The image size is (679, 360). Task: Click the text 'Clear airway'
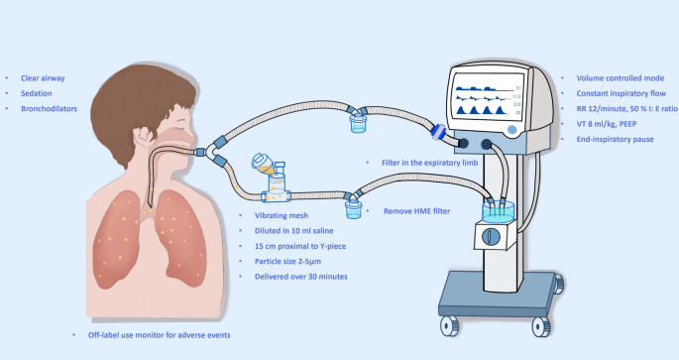coord(43,78)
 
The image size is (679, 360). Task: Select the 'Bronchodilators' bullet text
coord(49,109)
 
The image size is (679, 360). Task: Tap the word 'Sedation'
coord(37,93)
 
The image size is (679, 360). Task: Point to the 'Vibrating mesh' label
coord(282,215)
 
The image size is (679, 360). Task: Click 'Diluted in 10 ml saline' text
coord(294,231)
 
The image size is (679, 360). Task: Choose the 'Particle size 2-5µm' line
coord(287,261)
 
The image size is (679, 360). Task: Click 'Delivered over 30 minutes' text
coord(301,277)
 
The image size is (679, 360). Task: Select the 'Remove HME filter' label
coord(416,211)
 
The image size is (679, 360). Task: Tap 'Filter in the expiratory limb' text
coord(429,163)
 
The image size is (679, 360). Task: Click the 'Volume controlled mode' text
coord(621,78)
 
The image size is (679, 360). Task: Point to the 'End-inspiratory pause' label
coord(615,139)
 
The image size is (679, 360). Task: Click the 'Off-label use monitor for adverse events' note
coord(159,335)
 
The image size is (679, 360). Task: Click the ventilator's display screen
coord(487,97)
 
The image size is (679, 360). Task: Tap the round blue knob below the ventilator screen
coord(511,130)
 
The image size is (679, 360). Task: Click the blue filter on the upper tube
coord(439,132)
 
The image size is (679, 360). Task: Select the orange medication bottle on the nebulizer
coord(263,164)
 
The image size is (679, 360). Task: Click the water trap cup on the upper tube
coord(358,123)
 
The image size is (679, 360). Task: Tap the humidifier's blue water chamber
coord(498,212)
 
